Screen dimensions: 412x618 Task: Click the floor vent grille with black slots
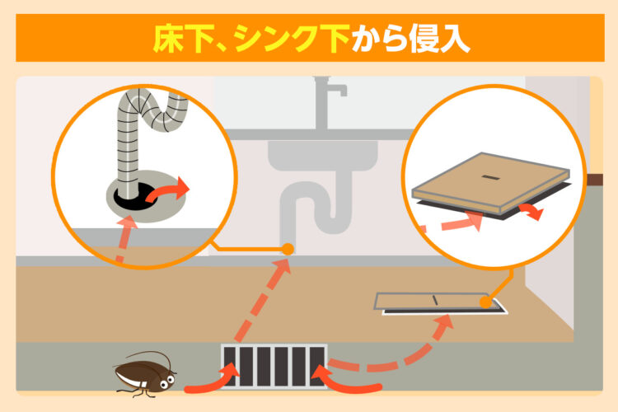[x=274, y=366]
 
